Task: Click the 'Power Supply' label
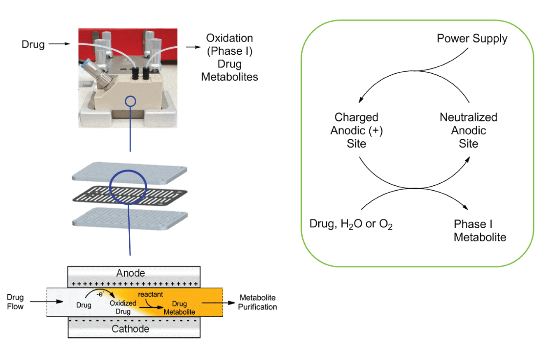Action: tap(472, 39)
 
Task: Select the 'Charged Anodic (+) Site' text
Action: tap(356, 130)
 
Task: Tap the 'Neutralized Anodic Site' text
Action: tap(468, 130)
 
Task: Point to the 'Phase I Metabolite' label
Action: tap(480, 230)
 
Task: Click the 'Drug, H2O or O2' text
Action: tap(351, 225)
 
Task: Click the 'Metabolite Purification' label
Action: tap(258, 302)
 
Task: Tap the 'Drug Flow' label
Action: tap(15, 302)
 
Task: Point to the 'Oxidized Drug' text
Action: tap(120, 307)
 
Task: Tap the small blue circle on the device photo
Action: tap(131, 102)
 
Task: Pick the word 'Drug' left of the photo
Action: tap(33, 44)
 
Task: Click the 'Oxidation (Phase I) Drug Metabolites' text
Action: tap(229, 57)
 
